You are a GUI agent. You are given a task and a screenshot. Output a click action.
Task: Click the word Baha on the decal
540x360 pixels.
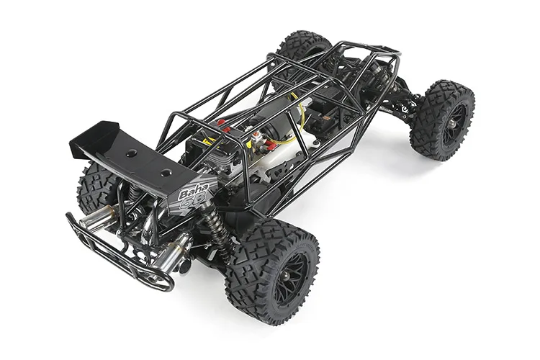point(190,191)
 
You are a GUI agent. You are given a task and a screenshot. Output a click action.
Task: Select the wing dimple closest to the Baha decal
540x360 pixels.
point(166,173)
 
